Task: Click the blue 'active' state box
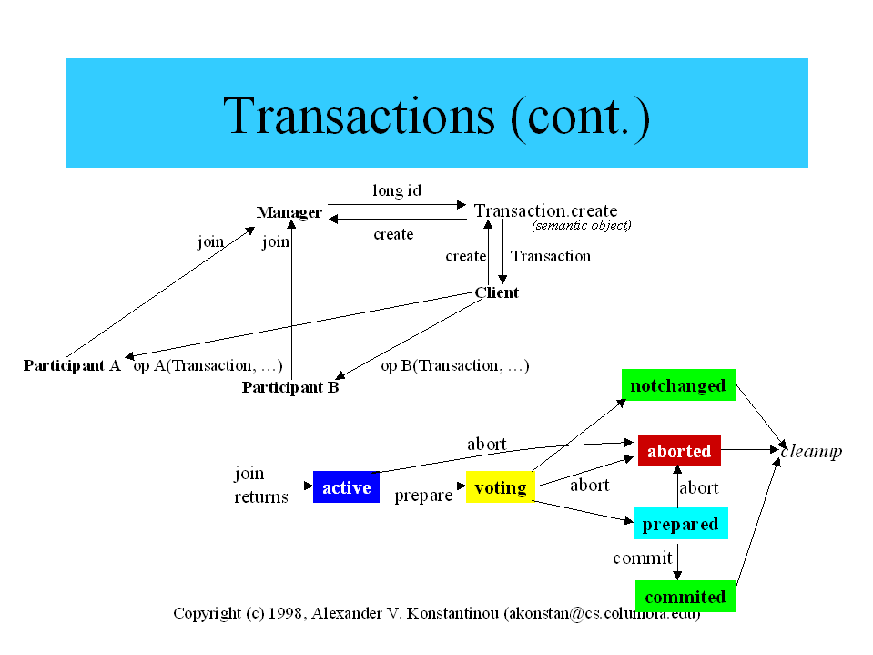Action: pos(346,487)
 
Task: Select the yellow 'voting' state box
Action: pos(500,487)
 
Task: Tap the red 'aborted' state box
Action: pos(679,451)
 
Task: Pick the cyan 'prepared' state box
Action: pos(680,524)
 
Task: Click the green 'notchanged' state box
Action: pos(678,385)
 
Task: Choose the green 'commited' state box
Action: pos(685,597)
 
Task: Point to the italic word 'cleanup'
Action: pos(811,451)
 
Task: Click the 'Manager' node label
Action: pos(289,212)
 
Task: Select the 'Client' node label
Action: pos(497,292)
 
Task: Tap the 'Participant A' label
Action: pos(72,365)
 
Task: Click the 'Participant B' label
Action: pos(290,387)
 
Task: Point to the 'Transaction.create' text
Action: pos(545,211)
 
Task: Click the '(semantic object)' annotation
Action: pos(582,225)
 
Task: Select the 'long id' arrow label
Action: pos(397,190)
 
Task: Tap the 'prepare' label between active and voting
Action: pos(423,496)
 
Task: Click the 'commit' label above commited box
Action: pos(642,558)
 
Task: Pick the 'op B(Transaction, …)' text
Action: pos(455,365)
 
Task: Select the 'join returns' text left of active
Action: pos(261,485)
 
